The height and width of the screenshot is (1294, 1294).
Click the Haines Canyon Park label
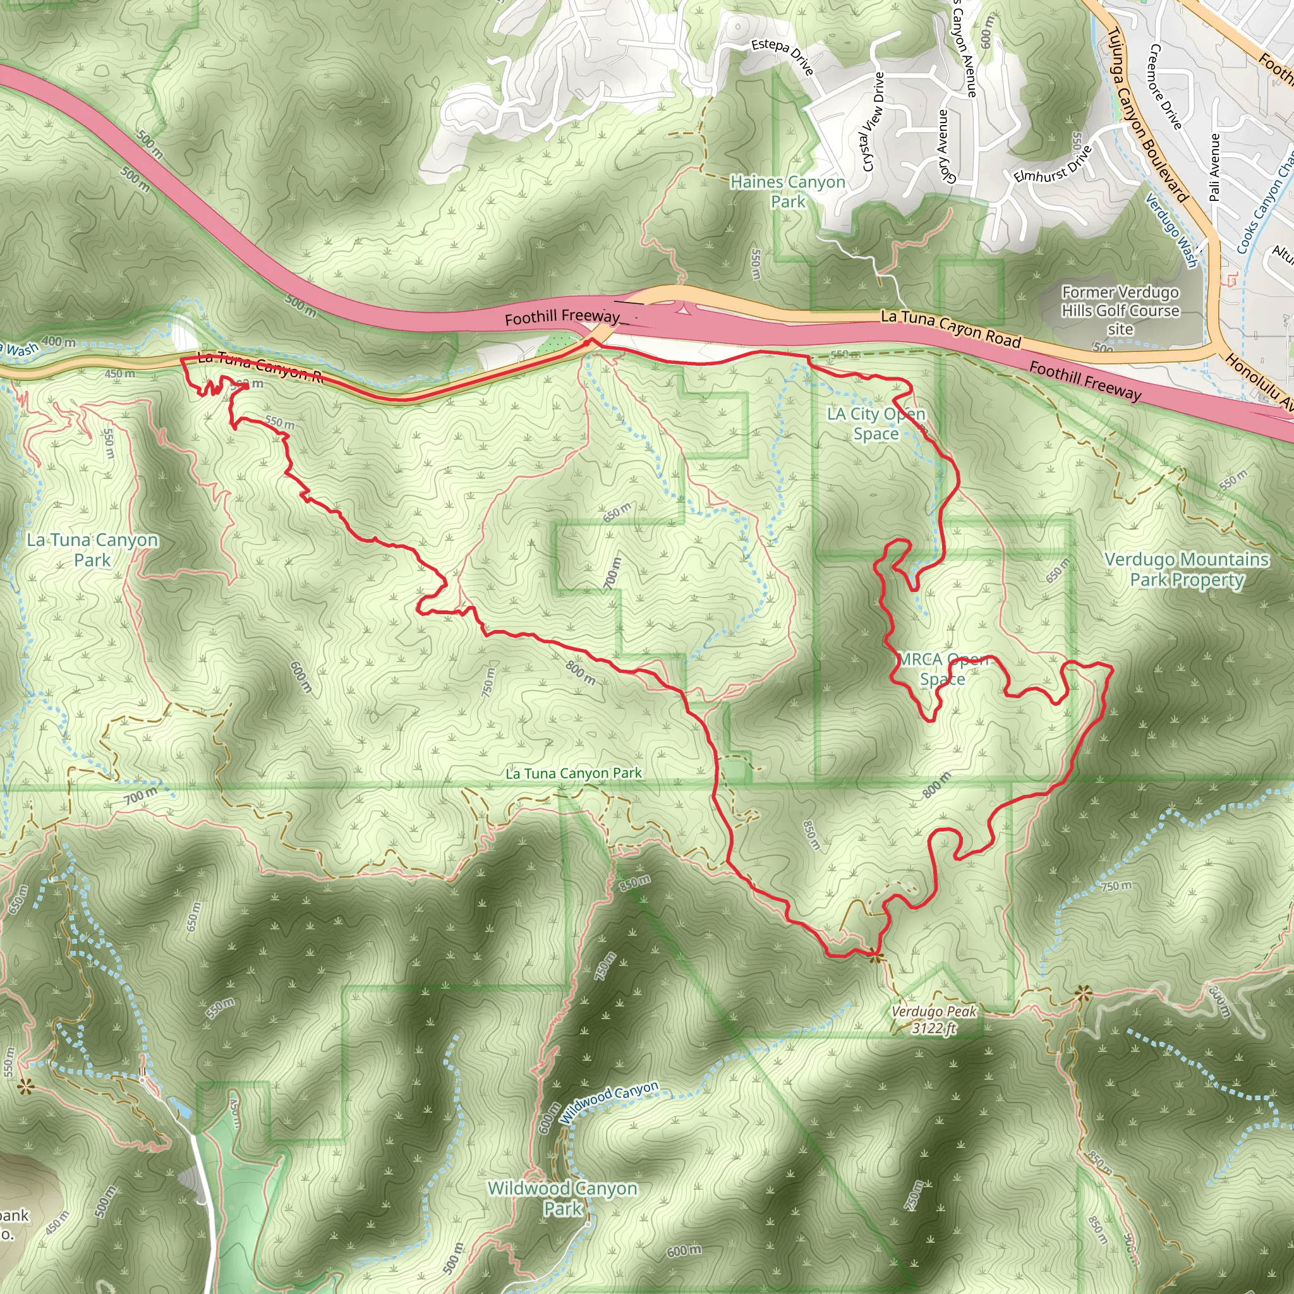(787, 191)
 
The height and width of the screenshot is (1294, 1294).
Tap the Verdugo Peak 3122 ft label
(934, 1019)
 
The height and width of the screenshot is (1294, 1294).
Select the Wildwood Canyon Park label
(562, 1198)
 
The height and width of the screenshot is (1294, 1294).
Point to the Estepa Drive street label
(782, 55)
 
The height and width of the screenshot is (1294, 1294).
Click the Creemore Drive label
(1164, 87)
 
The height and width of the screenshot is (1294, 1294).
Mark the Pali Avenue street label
(1215, 167)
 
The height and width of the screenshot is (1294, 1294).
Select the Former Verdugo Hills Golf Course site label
(1120, 311)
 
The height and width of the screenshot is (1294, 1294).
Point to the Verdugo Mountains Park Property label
(1186, 569)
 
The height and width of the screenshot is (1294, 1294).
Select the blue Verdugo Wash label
(1171, 230)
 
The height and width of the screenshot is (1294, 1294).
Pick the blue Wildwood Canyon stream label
(610, 1101)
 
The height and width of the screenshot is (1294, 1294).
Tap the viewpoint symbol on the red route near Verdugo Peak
(874, 957)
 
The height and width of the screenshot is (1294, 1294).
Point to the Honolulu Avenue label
(1259, 382)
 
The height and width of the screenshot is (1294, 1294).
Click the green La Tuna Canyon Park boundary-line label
(573, 773)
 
